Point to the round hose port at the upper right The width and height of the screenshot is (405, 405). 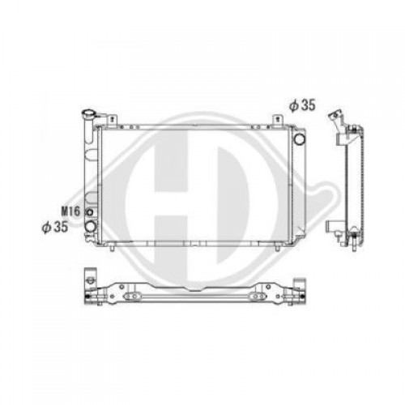(x=300, y=139)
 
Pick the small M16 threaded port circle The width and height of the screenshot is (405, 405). (x=89, y=212)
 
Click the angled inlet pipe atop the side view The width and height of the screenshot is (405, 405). (x=333, y=121)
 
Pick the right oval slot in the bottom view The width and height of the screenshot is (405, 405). (x=263, y=288)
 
